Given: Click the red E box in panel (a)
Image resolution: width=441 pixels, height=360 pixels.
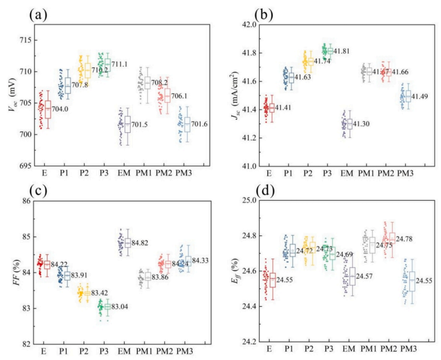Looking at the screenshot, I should pyautogui.click(x=48, y=109).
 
